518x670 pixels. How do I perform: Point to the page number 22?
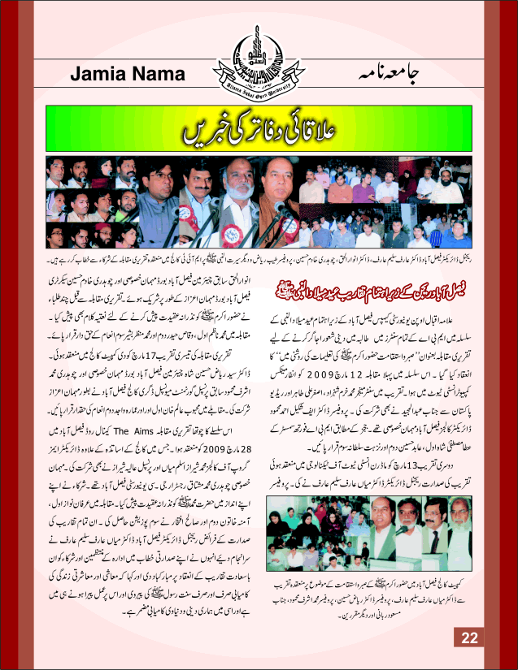point(471,637)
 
